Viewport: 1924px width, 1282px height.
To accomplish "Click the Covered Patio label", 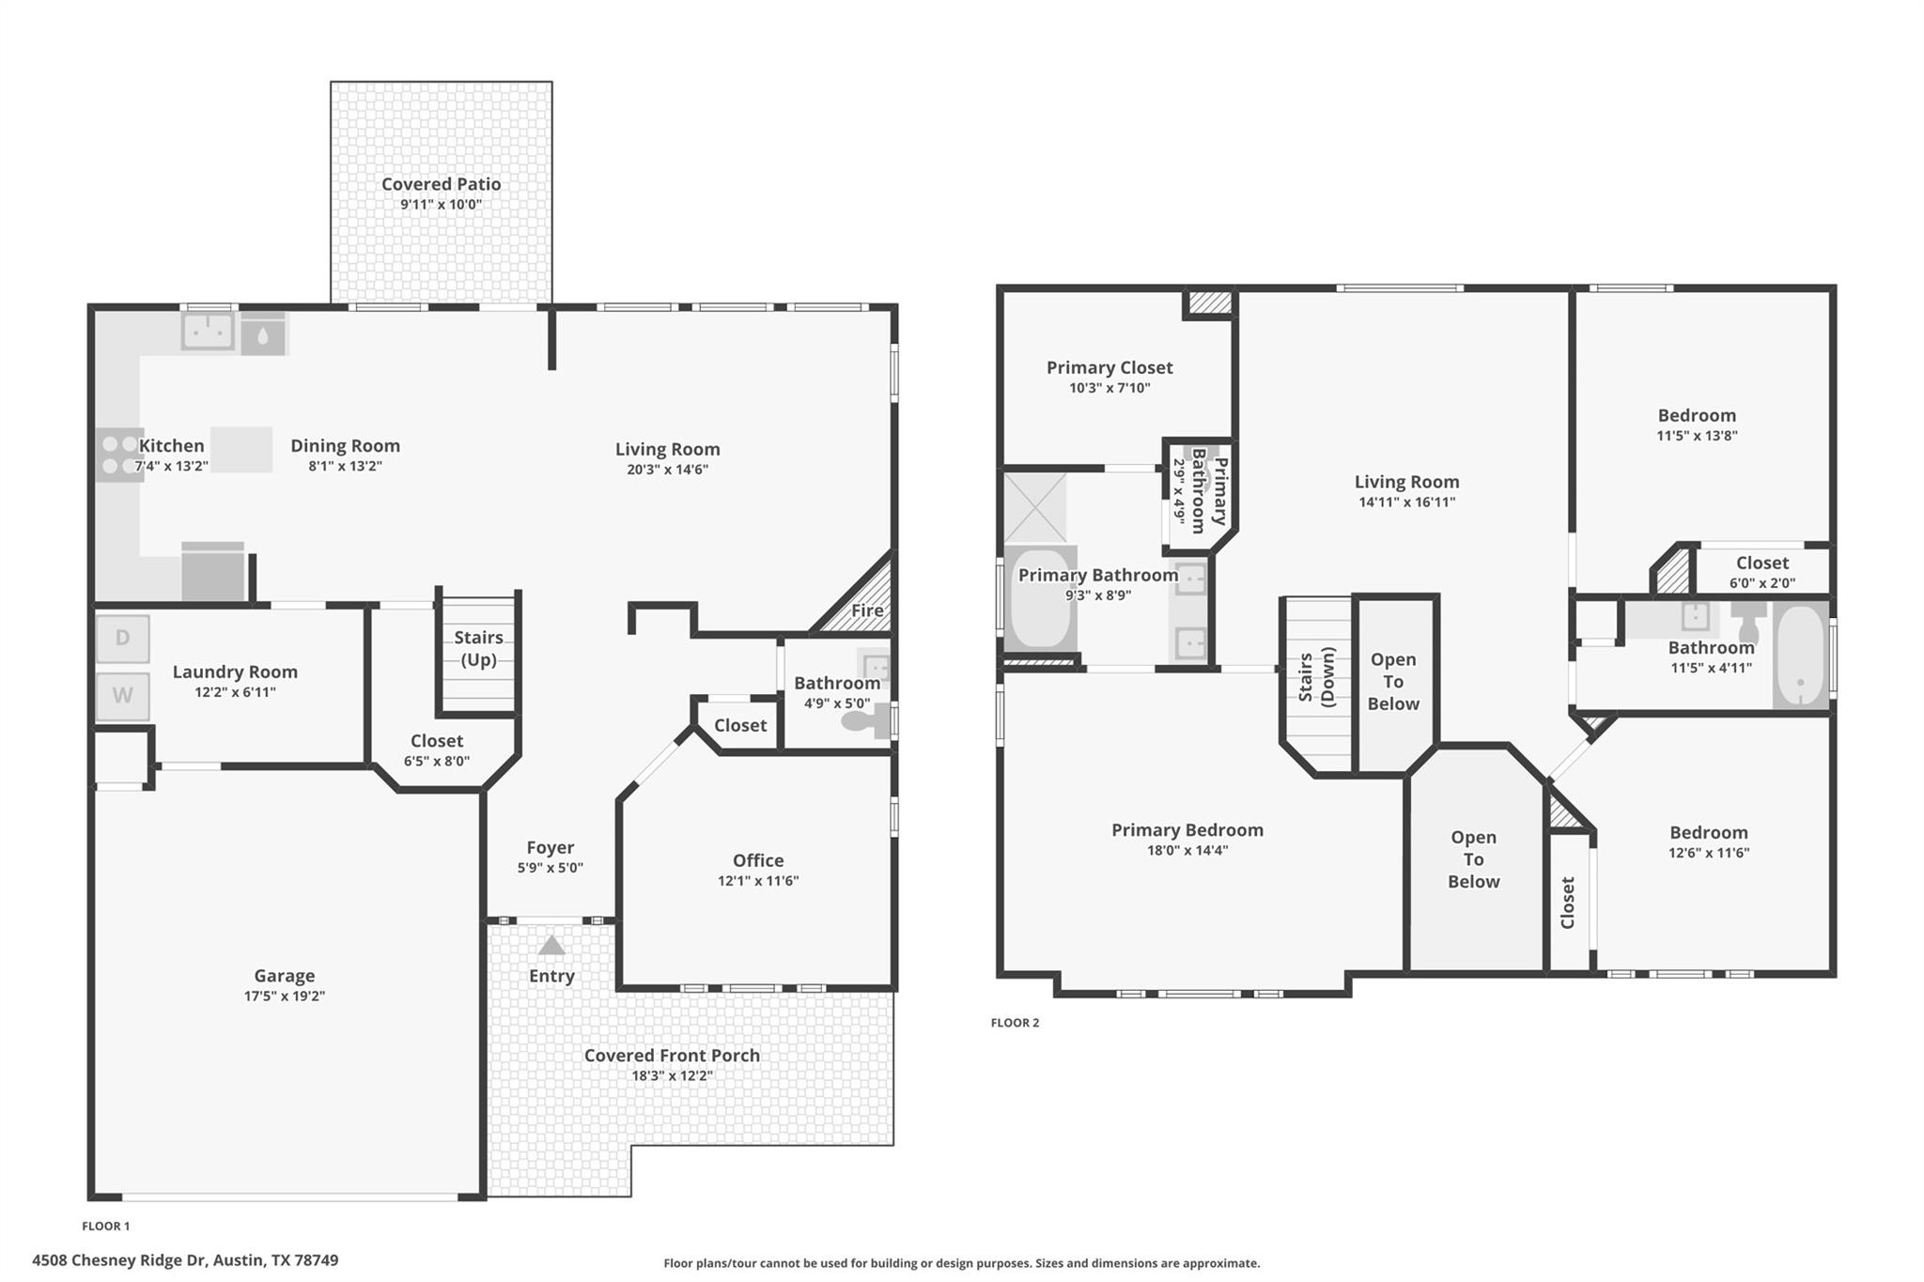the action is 441,184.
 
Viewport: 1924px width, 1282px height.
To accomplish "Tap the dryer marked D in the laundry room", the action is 122,639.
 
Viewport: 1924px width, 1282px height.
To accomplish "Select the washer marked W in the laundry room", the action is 122,696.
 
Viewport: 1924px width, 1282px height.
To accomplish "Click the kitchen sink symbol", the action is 208,331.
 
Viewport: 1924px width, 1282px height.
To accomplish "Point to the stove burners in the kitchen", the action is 118,455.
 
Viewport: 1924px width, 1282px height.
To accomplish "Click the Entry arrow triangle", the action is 551,945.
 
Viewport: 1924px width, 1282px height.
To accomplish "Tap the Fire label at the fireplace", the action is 867,610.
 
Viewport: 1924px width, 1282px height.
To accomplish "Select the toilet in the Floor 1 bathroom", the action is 865,720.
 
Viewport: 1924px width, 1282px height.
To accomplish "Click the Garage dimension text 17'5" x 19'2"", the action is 285,996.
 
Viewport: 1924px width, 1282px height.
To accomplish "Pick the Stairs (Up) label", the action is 479,648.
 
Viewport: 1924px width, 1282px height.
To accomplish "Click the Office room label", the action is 758,860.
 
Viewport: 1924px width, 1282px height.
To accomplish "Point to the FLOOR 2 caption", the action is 1015,1023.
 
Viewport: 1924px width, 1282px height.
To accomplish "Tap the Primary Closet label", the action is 1109,367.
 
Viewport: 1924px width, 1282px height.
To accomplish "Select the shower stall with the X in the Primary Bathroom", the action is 1035,508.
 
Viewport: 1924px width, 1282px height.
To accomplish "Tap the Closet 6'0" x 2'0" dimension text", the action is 1762,582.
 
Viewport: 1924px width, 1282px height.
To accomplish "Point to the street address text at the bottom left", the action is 185,1260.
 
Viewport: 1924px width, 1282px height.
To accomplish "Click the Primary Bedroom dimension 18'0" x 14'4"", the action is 1187,850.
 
